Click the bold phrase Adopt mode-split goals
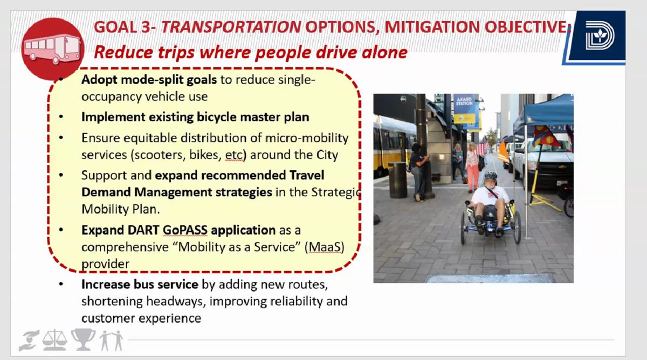pyautogui.click(x=149, y=80)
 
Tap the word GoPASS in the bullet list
pyautogui.click(x=178, y=230)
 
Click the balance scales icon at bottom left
pyautogui.click(x=56, y=340)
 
